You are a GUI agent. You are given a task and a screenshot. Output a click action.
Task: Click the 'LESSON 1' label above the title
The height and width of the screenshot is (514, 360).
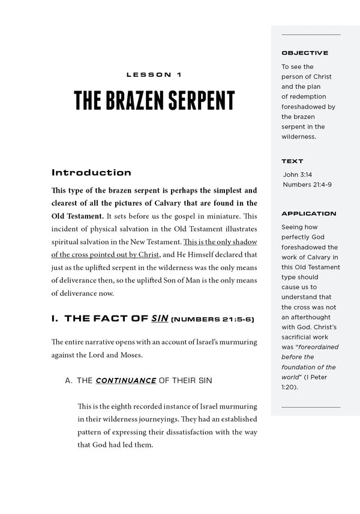point(154,75)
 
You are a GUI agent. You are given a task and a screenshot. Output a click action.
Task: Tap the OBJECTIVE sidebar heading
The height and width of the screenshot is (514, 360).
point(305,53)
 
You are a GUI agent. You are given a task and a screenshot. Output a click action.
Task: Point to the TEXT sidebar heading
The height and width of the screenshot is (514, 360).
point(292,161)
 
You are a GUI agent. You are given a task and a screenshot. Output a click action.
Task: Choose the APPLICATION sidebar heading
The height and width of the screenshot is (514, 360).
point(308,214)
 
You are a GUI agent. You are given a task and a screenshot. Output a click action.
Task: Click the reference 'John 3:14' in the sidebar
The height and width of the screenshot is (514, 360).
point(297,175)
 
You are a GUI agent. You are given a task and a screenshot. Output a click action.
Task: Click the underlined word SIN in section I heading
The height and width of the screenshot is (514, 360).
point(158,318)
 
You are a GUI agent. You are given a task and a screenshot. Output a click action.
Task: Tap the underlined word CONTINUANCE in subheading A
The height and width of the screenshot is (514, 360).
point(126,381)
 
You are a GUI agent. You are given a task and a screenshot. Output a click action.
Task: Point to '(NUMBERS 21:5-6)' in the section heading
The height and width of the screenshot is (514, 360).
point(212,319)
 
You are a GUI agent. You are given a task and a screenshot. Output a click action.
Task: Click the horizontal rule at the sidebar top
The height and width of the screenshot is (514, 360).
point(310,35)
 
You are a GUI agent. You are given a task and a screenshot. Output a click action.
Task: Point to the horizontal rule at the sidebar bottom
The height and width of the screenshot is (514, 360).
point(310,407)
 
